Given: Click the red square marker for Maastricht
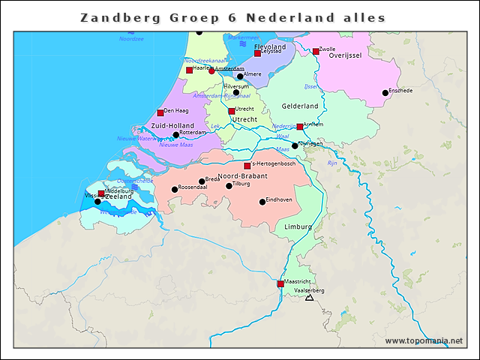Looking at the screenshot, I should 280,284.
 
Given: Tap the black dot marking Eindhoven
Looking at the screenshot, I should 262,202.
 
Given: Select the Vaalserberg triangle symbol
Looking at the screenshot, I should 308,298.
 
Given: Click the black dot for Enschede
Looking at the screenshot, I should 385,93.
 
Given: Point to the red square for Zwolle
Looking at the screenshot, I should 316,52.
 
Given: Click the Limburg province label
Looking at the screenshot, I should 298,226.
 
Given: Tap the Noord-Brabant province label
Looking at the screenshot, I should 238,175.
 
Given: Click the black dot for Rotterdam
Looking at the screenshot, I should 176,135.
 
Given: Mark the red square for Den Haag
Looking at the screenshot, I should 160,112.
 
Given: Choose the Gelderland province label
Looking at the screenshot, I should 300,106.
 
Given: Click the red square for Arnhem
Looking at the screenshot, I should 300,127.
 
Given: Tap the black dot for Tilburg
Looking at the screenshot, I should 229,186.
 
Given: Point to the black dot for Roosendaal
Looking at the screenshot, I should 175,190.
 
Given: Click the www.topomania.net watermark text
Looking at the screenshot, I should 424,341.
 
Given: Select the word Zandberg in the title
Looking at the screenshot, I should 112,17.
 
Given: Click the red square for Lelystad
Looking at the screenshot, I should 257,54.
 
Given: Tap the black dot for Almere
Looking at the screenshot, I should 240,76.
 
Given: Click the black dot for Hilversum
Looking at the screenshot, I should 236,93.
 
